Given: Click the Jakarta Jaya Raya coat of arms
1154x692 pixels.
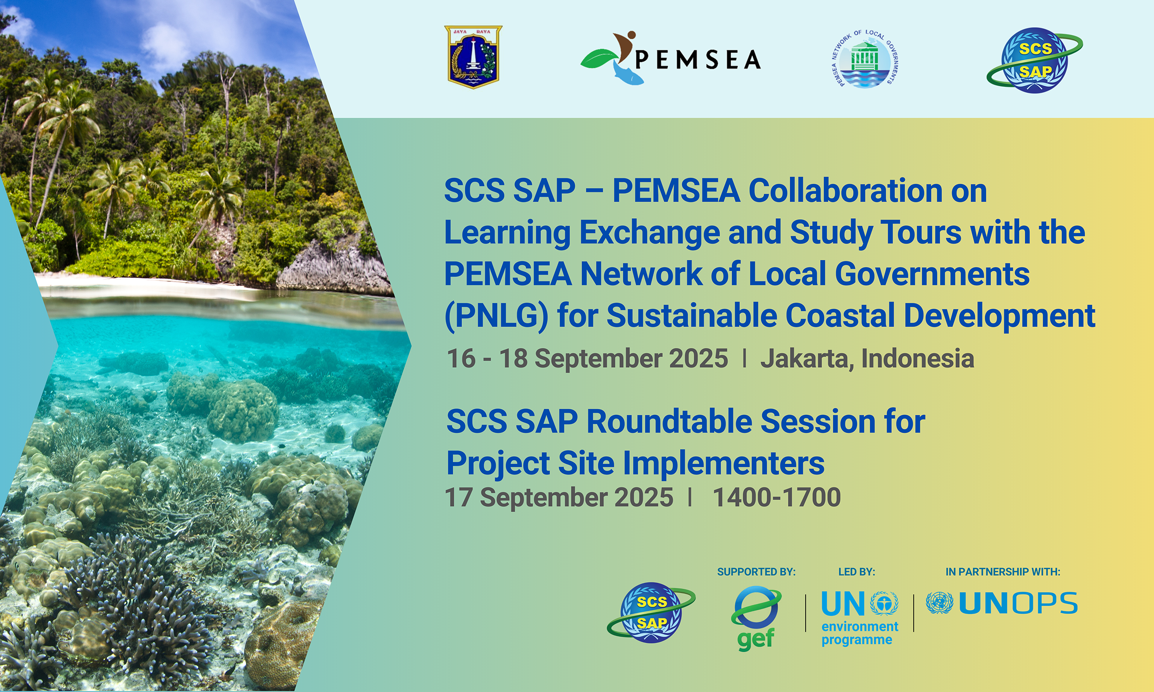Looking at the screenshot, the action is click(x=473, y=57).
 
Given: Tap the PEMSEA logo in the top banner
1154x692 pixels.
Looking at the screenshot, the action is click(x=670, y=58).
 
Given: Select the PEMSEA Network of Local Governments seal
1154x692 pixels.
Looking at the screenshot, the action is click(x=866, y=58).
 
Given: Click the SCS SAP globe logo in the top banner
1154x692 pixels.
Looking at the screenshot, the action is click(x=1034, y=60).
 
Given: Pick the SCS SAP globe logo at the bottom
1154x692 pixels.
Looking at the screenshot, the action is click(x=651, y=612).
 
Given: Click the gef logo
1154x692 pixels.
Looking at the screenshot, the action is click(x=756, y=618).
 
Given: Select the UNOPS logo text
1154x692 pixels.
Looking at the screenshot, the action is click(x=1018, y=603).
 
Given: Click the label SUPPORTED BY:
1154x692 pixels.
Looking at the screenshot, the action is click(x=756, y=572).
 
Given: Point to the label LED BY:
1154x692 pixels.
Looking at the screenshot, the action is click(x=856, y=572).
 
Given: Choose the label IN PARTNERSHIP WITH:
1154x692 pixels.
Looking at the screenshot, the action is click(x=1003, y=572).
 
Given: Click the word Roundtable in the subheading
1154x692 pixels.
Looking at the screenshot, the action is click(x=669, y=421).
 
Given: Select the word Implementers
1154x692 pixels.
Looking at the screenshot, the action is click(x=723, y=464).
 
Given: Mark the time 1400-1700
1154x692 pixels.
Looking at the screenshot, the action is click(x=776, y=497).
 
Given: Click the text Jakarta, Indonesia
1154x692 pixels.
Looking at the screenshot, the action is click(x=867, y=358).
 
